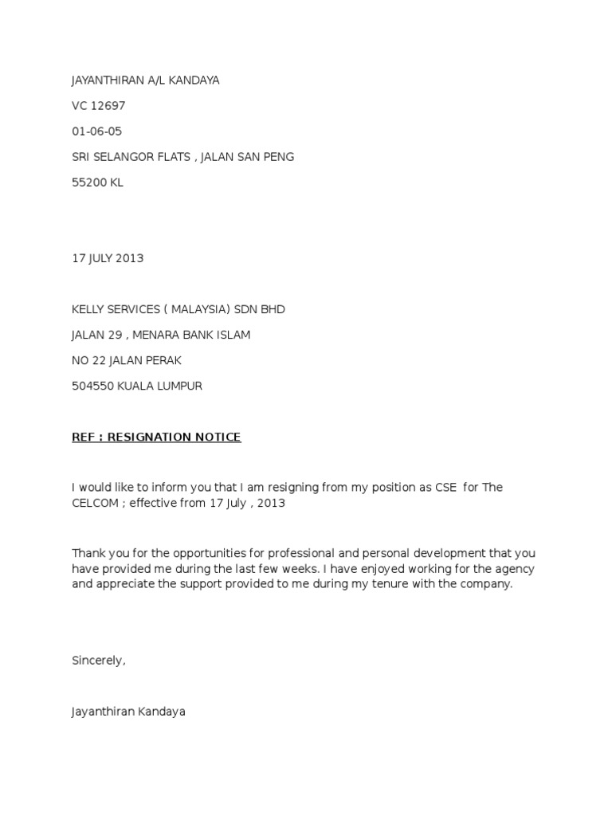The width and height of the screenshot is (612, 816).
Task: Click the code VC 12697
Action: click(98, 105)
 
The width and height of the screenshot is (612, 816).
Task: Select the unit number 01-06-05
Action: click(96, 131)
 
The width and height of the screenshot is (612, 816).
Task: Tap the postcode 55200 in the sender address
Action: click(88, 182)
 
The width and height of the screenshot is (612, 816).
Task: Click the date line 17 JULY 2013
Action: click(108, 258)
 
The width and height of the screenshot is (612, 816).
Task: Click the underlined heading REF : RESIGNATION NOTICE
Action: click(156, 437)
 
